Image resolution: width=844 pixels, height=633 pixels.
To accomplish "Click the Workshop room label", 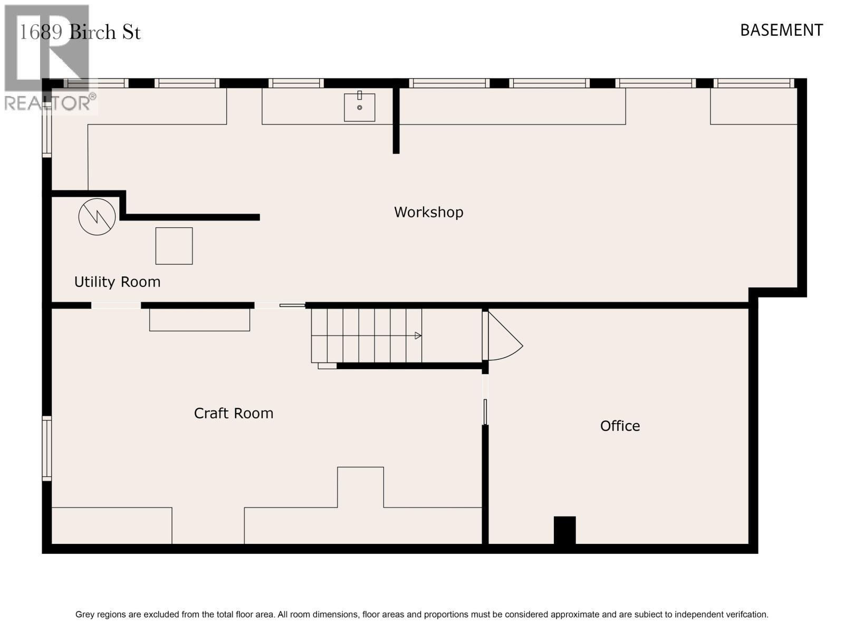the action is coord(428,212).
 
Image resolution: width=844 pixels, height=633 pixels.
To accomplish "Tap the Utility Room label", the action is coord(117,282).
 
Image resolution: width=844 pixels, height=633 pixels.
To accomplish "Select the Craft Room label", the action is coord(233,413).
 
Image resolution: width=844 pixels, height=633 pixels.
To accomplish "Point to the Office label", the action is coord(620,426).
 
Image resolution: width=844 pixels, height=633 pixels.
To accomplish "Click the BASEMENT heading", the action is coord(781,31).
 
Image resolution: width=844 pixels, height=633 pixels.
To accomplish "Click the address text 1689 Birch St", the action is coord(80,32).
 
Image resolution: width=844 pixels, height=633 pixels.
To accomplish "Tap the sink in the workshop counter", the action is coord(360,107).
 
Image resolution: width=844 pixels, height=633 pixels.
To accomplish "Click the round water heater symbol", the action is coord(97,217).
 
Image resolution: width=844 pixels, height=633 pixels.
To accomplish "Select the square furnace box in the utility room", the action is coord(174,246).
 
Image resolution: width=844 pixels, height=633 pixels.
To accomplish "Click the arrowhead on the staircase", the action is coord(418,335).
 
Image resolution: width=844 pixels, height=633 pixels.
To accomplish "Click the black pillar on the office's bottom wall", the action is coord(564,530).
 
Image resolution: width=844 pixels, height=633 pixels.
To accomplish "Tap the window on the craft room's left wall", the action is coord(46,448).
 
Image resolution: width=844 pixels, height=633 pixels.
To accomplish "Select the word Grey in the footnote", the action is coord(84,615).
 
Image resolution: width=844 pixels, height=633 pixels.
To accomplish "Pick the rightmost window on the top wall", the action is coord(754,83).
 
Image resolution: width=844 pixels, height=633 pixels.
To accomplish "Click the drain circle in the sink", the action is coord(360,108).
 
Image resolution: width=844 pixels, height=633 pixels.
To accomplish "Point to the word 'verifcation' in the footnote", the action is coord(747,615).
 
